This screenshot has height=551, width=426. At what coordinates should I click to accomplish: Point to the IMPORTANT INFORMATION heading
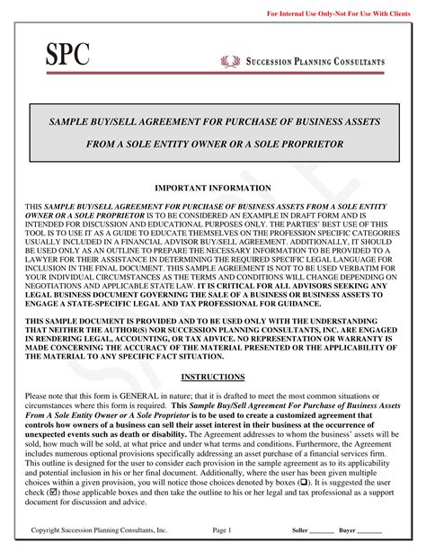(213, 188)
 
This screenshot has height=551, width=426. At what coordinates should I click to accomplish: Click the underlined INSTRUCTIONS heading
(213, 376)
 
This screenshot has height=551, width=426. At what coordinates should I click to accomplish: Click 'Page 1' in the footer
(222, 530)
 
